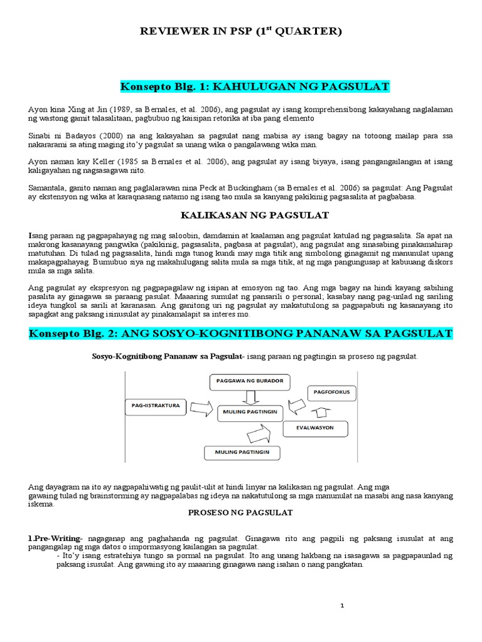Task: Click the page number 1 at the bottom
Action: tap(343, 606)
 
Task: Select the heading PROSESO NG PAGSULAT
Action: tap(241, 512)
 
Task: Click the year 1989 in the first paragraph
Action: tap(111, 108)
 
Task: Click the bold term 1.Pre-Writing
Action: tap(54, 539)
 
